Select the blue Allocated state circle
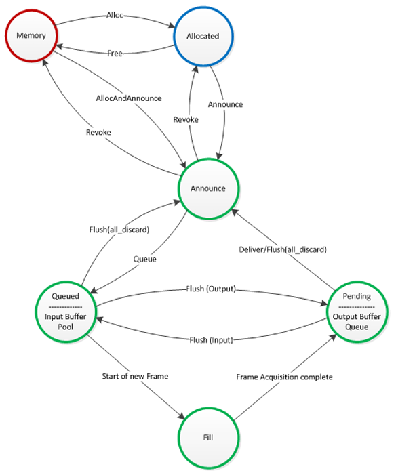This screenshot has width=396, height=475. pos(203,35)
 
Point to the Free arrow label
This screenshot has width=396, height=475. pos(115,53)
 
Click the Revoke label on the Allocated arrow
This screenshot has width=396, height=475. pos(185,119)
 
